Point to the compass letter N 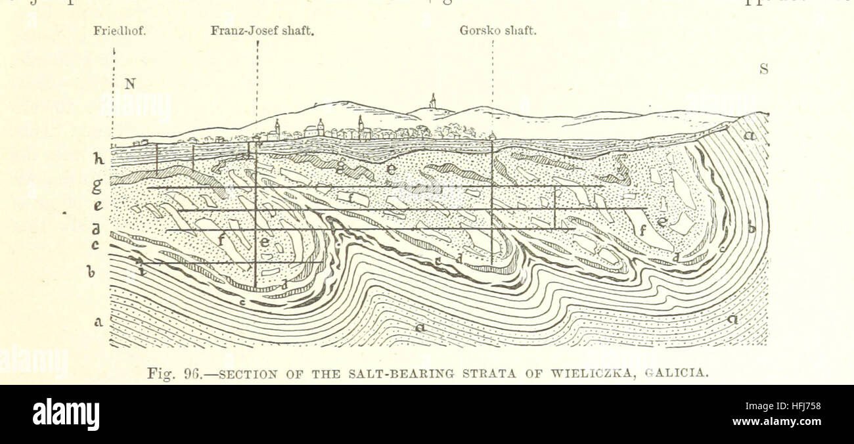pyautogui.click(x=130, y=83)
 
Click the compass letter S pyautogui.click(x=764, y=68)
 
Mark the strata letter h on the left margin pyautogui.click(x=99, y=159)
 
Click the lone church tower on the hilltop pyautogui.click(x=432, y=101)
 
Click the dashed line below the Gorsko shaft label pyautogui.click(x=493, y=85)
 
